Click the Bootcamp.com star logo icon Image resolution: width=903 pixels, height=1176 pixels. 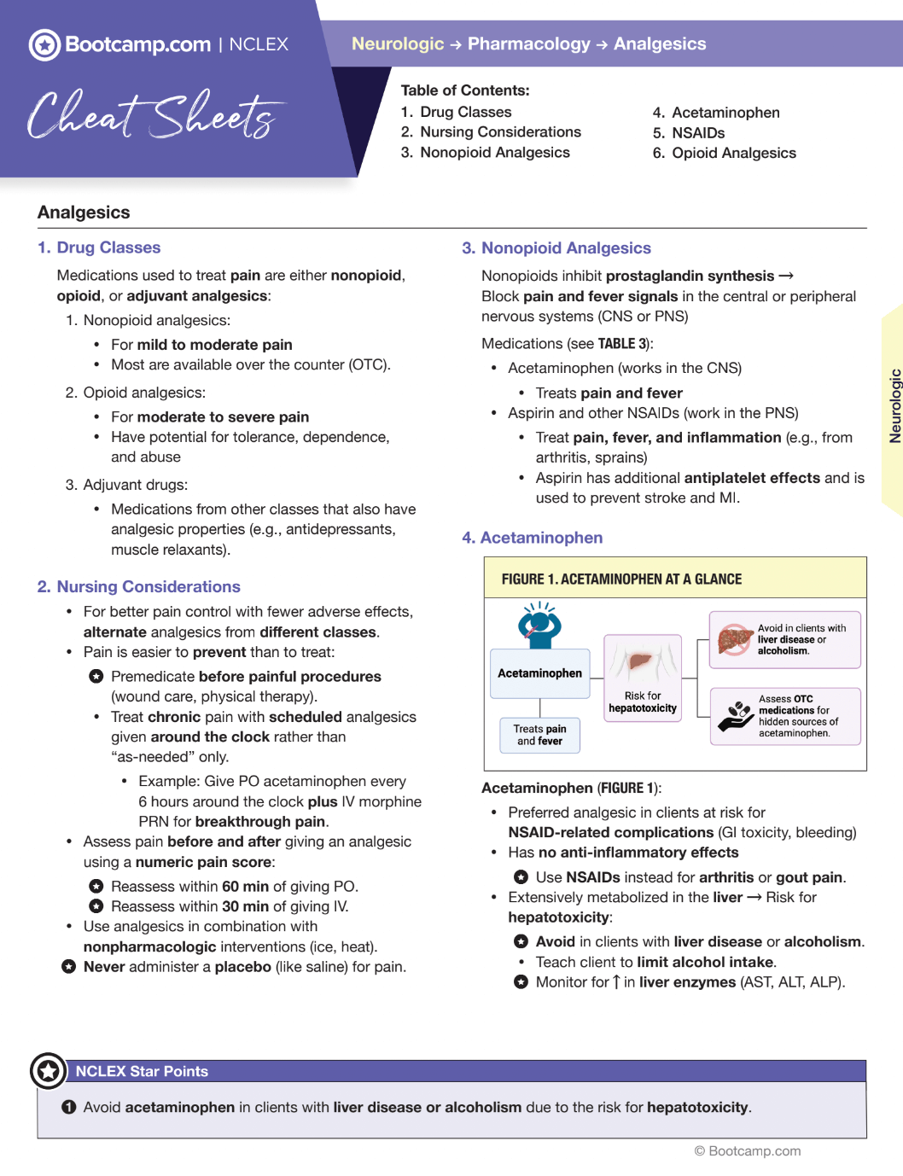pos(44,44)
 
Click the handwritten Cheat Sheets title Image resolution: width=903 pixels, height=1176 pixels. pos(154,115)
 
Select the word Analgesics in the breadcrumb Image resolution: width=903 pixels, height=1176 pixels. pos(660,44)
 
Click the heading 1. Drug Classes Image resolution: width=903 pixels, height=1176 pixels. pos(99,247)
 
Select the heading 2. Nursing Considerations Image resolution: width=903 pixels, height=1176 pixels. pos(139,587)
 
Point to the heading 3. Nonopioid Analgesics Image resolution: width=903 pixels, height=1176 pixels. pos(556,248)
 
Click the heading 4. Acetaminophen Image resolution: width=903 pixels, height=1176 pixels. pos(533,538)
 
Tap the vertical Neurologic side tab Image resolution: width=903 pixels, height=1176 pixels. pos(894,406)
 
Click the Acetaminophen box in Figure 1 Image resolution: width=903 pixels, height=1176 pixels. pos(539,673)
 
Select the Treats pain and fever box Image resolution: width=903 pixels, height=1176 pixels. pos(539,735)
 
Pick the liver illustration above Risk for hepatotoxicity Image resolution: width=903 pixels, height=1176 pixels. pos(642,662)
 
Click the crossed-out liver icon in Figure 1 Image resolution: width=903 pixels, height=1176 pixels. pos(734,639)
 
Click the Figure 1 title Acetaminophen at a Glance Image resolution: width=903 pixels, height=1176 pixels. pos(621,579)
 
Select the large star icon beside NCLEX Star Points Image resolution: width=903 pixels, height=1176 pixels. pos(49,1071)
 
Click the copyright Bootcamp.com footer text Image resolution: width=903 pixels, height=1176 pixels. pos(748,1151)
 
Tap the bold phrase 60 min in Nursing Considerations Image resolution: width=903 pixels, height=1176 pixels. pos(246,887)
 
